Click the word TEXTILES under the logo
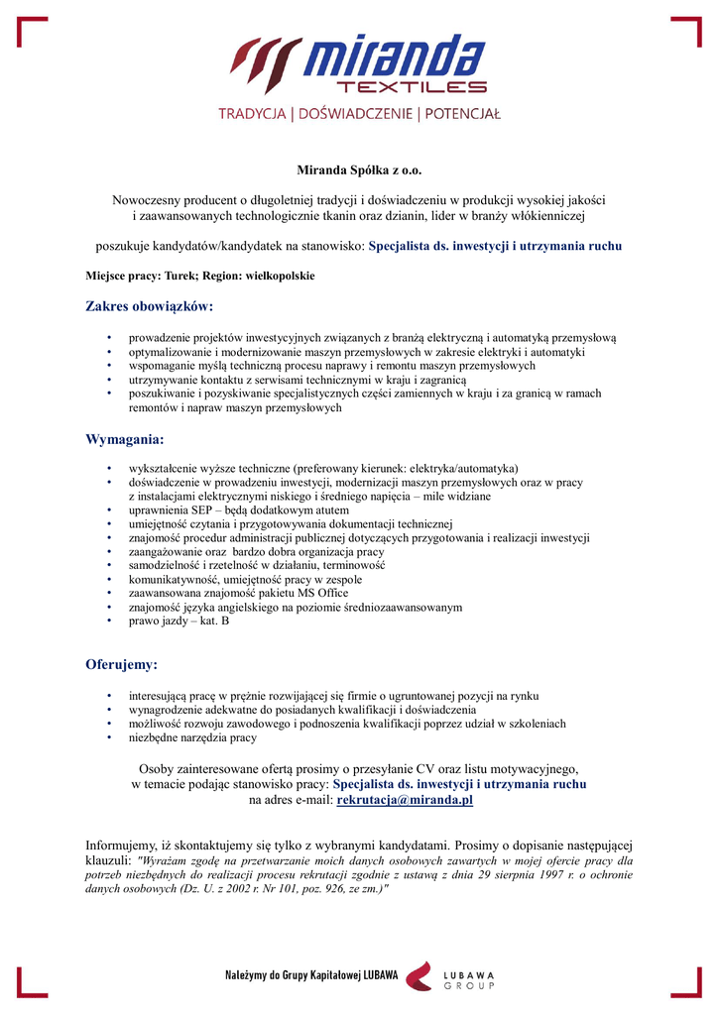coord(411,88)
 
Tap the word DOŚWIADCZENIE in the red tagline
coord(352,114)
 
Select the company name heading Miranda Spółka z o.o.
coord(359,170)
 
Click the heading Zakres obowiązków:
coord(150,307)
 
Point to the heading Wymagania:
coord(125,438)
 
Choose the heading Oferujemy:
coord(122,664)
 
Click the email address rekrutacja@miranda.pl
coord(405,799)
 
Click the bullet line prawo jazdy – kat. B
coord(180,620)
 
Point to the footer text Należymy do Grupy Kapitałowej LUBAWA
coord(312,976)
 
